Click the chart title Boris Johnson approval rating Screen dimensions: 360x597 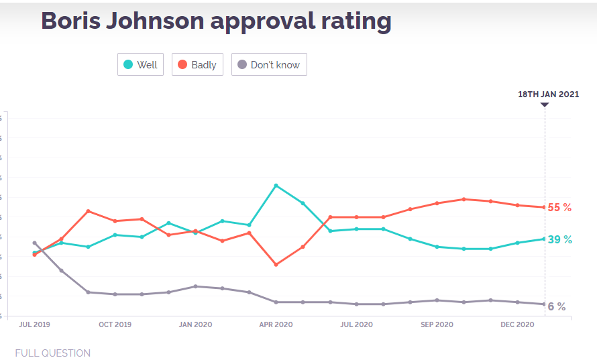click(x=216, y=21)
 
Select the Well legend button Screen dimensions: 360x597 click(x=140, y=65)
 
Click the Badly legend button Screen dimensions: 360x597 click(x=197, y=65)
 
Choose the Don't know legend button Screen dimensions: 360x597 click(x=269, y=65)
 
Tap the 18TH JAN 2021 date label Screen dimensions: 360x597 click(x=548, y=95)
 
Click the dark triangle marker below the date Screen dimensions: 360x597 click(x=545, y=105)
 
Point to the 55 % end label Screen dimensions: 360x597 click(x=559, y=208)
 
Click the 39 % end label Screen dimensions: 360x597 click(x=559, y=240)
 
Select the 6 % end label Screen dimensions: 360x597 click(x=557, y=306)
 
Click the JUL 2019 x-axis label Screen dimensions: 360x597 click(x=34, y=324)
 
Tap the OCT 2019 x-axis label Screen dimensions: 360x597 click(x=115, y=324)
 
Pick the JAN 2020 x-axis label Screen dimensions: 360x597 click(x=195, y=324)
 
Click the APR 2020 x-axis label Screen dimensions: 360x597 click(x=276, y=324)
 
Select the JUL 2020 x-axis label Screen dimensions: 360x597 click(x=356, y=324)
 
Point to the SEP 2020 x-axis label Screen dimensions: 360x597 click(x=437, y=324)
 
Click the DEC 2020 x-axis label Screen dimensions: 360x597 click(x=517, y=324)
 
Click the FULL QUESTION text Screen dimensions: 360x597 click(x=52, y=353)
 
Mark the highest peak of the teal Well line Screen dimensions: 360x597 click(x=276, y=185)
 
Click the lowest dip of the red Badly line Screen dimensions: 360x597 click(x=276, y=264)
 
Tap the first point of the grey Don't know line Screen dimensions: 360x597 click(x=34, y=243)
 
